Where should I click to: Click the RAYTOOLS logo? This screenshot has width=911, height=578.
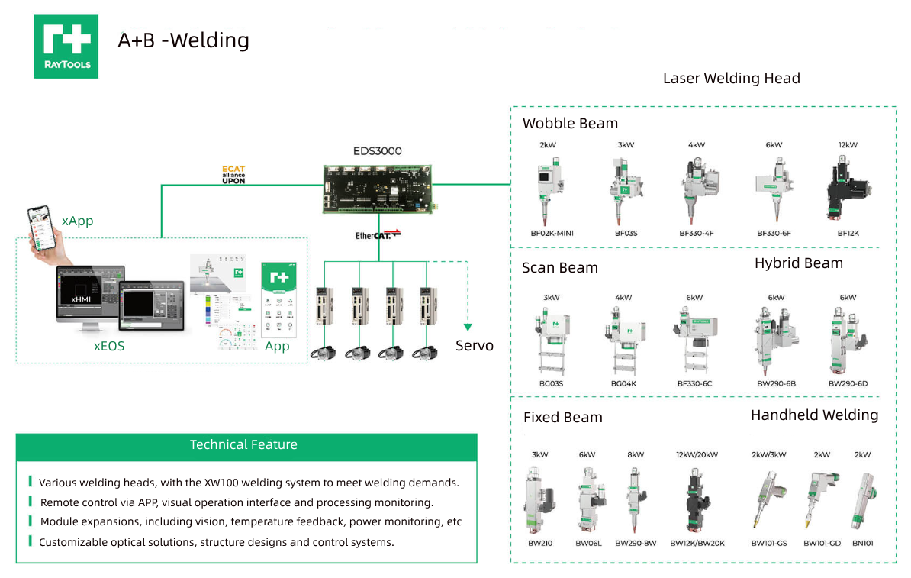pyautogui.click(x=66, y=46)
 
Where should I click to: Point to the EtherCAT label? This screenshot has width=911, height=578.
pyautogui.click(x=378, y=235)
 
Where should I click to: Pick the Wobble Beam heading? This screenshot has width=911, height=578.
pyautogui.click(x=570, y=124)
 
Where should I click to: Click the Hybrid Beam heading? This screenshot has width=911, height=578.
pyautogui.click(x=798, y=263)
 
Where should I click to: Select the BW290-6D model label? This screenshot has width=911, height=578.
pyautogui.click(x=848, y=383)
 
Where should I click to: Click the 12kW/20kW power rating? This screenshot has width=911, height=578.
pyautogui.click(x=697, y=454)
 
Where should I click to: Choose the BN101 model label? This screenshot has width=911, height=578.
pyautogui.click(x=862, y=544)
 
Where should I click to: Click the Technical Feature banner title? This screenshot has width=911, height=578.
pyautogui.click(x=243, y=444)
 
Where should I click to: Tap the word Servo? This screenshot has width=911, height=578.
pyautogui.click(x=474, y=346)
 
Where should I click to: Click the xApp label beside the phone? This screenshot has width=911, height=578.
pyautogui.click(x=77, y=221)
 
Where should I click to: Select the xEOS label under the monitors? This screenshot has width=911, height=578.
pyautogui.click(x=109, y=346)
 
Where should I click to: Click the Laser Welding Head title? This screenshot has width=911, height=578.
pyautogui.click(x=731, y=79)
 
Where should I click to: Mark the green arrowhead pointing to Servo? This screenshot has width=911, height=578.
pyautogui.click(x=466, y=327)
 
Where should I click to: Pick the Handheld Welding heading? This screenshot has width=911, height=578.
pyautogui.click(x=814, y=415)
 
